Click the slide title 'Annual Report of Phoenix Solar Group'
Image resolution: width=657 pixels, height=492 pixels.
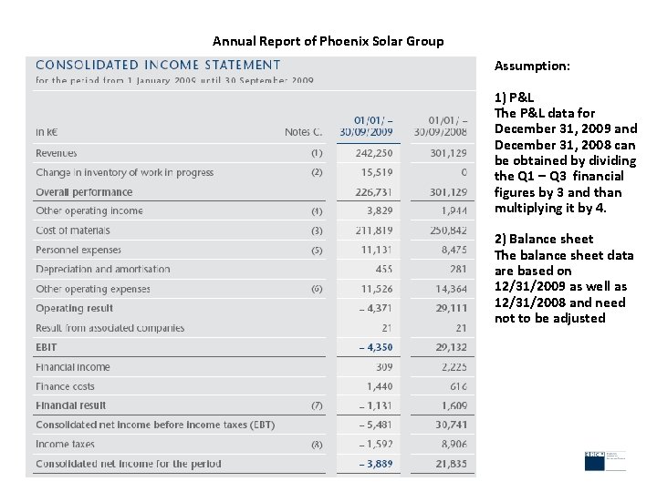click(328, 41)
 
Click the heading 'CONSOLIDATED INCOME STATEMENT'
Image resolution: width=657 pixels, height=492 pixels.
click(158, 65)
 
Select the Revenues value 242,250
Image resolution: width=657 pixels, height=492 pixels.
click(374, 153)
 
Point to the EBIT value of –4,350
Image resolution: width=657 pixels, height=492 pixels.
click(376, 347)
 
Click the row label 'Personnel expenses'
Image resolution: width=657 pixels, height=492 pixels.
click(78, 250)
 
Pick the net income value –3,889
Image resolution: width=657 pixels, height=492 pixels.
click(376, 464)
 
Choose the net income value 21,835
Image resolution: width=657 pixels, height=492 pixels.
click(449, 464)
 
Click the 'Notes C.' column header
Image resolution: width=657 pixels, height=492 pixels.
click(304, 132)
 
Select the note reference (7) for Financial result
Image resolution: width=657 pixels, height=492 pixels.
click(317, 405)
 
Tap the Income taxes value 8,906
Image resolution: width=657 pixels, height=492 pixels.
click(451, 445)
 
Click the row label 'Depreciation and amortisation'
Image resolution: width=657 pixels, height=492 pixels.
click(103, 270)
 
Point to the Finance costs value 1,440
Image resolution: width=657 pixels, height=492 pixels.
click(380, 386)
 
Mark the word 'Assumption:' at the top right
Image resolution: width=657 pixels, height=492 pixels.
click(532, 67)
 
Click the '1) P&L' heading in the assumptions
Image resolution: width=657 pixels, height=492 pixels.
click(514, 97)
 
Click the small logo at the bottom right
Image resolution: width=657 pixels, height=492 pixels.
click(605, 460)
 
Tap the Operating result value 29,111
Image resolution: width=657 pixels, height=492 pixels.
click(450, 308)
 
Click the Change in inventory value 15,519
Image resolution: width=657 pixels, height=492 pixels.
click(377, 172)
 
